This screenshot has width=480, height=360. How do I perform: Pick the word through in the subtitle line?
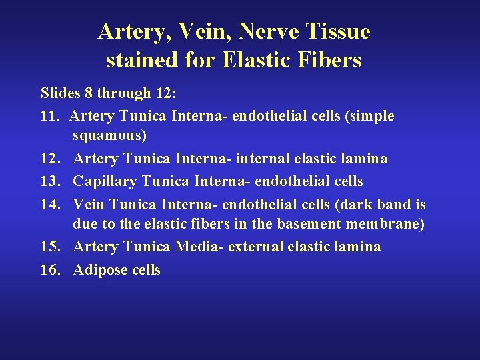(123, 94)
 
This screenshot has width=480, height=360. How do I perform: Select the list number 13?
(51, 181)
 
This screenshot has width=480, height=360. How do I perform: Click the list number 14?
(51, 204)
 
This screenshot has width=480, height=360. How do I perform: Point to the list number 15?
(51, 247)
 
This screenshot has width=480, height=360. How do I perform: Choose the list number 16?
(51, 269)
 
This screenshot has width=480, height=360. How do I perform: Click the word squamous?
(110, 137)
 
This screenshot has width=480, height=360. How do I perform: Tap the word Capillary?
(105, 182)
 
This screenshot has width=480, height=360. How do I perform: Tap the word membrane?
(386, 224)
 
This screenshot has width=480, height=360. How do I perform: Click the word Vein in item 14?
(87, 204)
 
